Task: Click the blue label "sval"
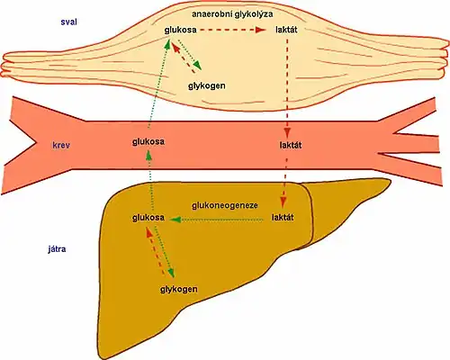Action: pos(68,22)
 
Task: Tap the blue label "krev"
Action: pos(61,146)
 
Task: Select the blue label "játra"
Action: pos(57,249)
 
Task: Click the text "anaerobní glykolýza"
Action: pos(232,14)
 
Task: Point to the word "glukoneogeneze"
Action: pos(225,206)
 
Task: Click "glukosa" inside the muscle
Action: pos(180,30)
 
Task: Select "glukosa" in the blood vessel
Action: pos(148,141)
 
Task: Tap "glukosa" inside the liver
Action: pos(148,218)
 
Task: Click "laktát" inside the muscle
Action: pos(286,30)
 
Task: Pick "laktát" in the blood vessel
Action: pos(291,145)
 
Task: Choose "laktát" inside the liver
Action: pos(283,217)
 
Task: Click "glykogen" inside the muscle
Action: pos(207,85)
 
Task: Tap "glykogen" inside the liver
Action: pos(179,289)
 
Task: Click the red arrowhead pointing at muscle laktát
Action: pos(260,30)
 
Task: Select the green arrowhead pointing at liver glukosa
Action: pos(175,220)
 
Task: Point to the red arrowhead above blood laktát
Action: pos(287,132)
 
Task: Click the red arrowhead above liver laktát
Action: pos(283,202)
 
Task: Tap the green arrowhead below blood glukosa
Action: pos(148,155)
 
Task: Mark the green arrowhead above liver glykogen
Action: pos(171,272)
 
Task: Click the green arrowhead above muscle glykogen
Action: pos(197,65)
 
